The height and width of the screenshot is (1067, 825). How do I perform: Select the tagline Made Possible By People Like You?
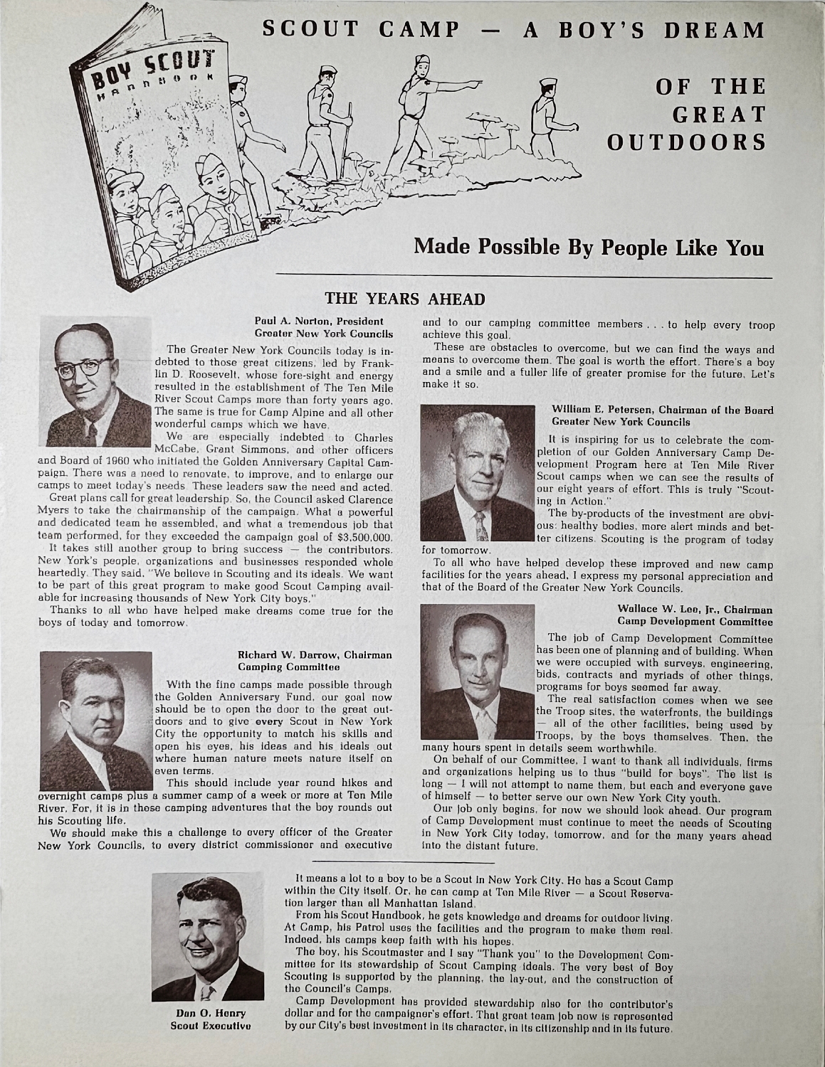pyautogui.click(x=589, y=247)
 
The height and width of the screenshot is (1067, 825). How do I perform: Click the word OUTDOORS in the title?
pyautogui.click(x=685, y=142)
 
